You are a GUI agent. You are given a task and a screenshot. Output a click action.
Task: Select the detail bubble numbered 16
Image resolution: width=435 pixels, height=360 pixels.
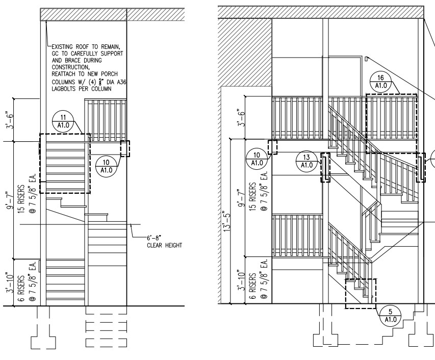click(x=380, y=82)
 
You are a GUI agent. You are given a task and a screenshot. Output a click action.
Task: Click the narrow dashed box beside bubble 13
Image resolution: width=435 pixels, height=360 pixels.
click(x=325, y=168)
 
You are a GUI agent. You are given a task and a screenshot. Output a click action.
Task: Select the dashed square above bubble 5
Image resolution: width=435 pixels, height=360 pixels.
click(x=361, y=293)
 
